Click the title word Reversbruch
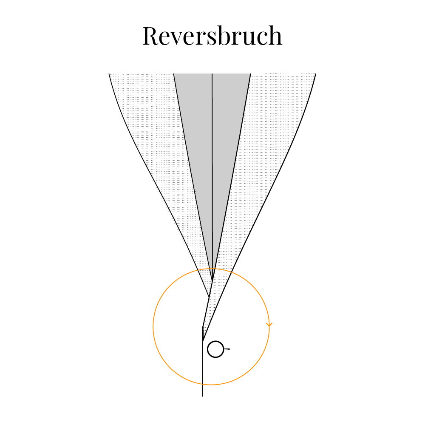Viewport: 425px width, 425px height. coord(212,36)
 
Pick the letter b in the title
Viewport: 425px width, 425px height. coord(226,35)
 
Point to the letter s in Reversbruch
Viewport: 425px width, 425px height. coord(212,38)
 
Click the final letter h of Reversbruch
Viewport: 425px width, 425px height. coord(275,35)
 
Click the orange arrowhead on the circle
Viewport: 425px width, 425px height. coord(269,324)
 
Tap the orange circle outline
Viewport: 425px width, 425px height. coord(153,326)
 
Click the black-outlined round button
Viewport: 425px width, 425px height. coord(215,349)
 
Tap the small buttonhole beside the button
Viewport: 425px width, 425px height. coord(227,349)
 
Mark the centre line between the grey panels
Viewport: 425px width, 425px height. coord(212,176)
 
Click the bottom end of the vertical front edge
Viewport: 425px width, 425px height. coord(203,396)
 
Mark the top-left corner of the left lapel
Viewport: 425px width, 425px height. coord(109,74)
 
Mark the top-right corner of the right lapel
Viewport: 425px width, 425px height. coord(316,74)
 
